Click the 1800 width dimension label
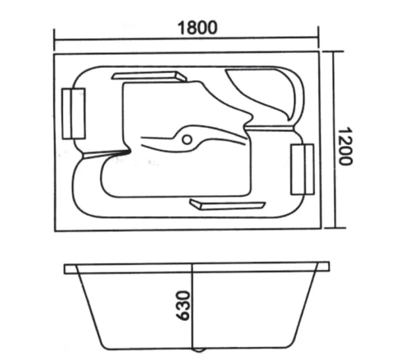197,28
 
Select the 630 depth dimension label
183,305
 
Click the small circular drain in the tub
187,140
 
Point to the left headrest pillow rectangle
74,114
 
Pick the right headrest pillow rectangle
302,169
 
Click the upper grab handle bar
149,76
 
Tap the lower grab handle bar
227,204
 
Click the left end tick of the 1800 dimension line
54,40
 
